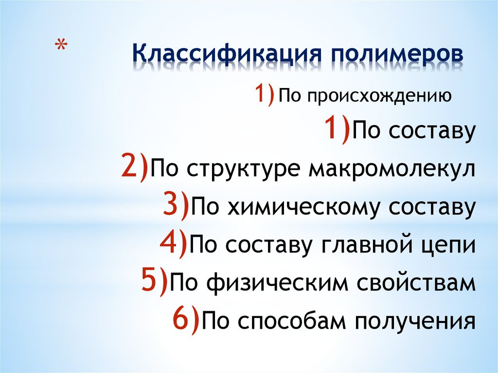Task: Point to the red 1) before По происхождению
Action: (x=263, y=94)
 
